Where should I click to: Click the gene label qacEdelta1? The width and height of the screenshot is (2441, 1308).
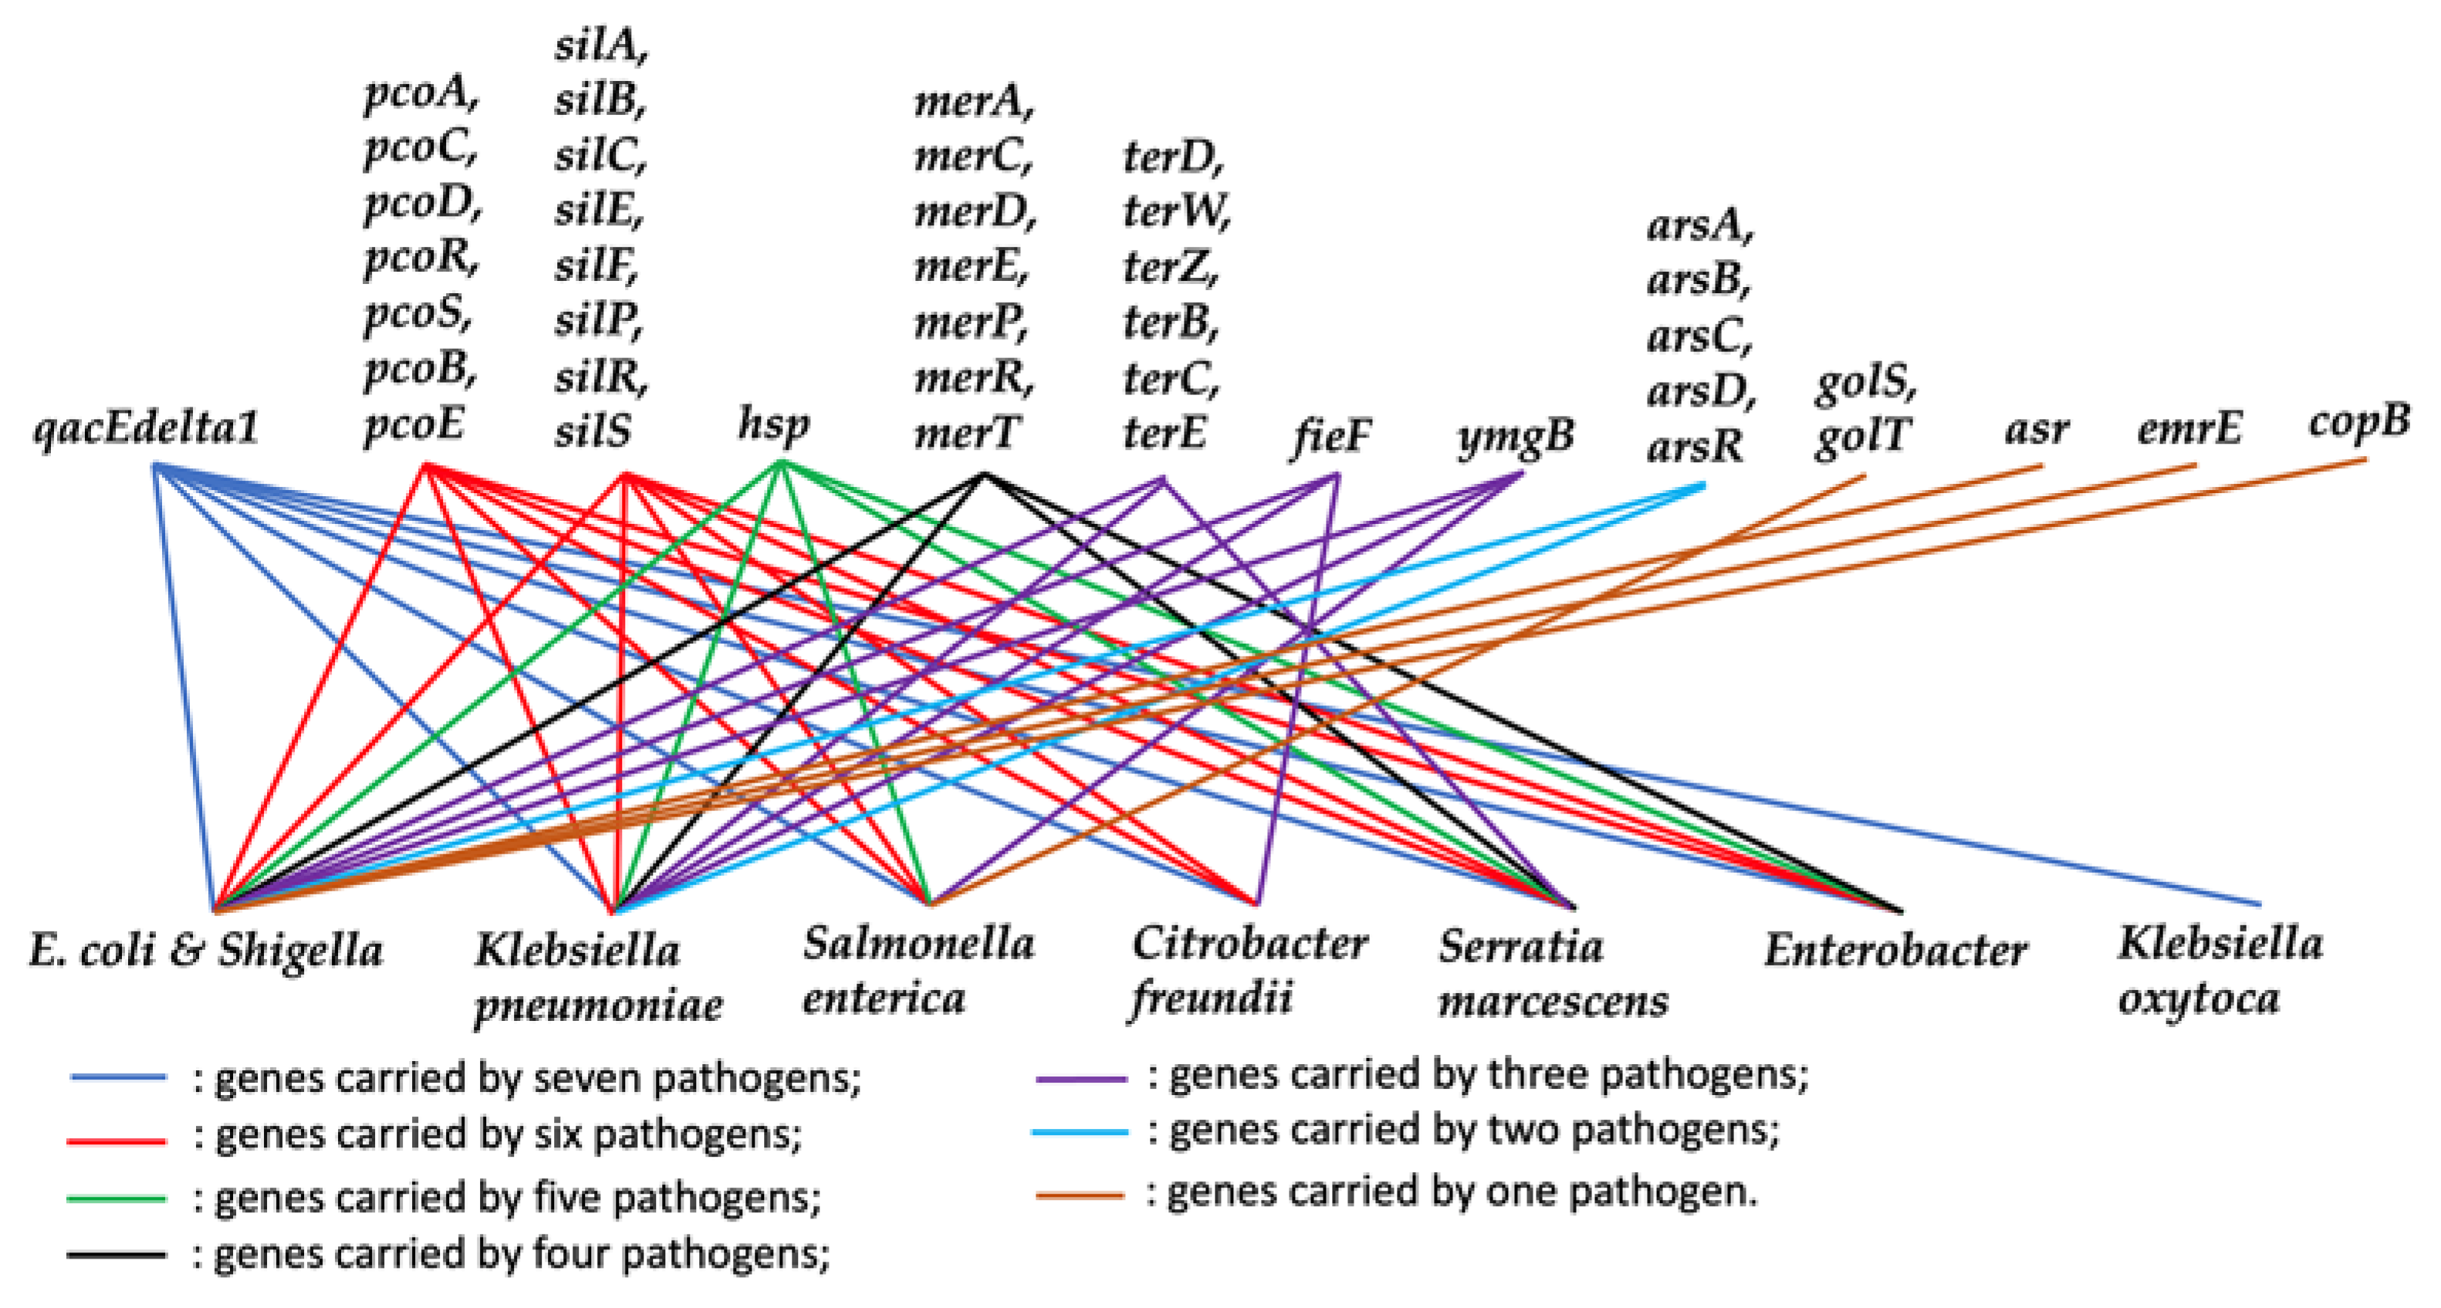(x=146, y=428)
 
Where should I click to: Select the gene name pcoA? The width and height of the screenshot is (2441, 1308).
(x=421, y=94)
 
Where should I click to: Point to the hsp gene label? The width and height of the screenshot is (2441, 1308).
(x=774, y=424)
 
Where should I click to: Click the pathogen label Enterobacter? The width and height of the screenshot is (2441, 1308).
(x=1895, y=951)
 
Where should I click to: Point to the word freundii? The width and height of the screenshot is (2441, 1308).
(x=1212, y=998)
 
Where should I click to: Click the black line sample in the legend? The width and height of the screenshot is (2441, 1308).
(x=117, y=1255)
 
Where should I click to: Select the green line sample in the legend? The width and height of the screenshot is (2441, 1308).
(x=117, y=1199)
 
